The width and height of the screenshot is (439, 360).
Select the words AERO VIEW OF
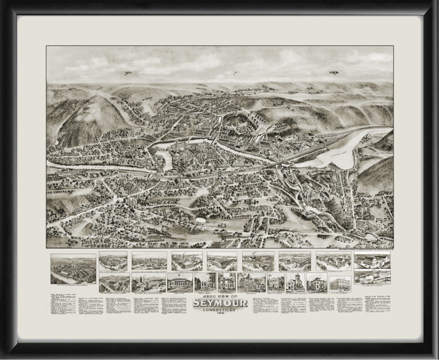(219, 296)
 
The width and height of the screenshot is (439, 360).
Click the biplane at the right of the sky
(334, 73)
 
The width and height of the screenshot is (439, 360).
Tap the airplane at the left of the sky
(128, 73)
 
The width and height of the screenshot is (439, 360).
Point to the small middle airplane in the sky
(234, 72)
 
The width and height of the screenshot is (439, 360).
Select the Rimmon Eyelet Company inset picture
(186, 261)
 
